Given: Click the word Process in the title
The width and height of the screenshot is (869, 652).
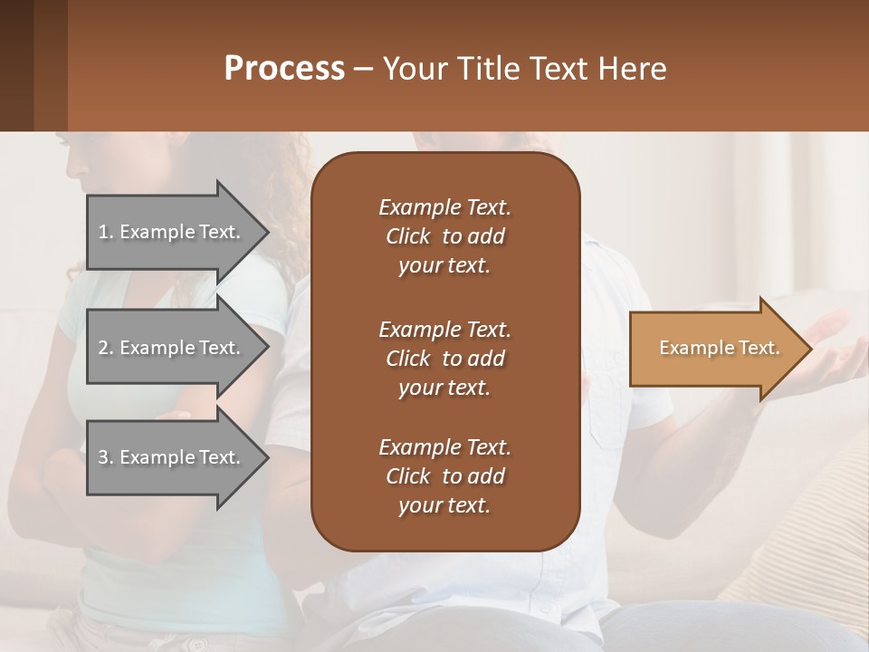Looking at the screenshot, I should coord(284,69).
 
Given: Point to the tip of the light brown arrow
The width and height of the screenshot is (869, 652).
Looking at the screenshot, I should coord(810,349).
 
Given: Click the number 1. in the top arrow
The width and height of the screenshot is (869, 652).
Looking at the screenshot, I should coord(106,232).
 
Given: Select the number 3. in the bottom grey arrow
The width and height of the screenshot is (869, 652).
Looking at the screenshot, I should coord(106,457).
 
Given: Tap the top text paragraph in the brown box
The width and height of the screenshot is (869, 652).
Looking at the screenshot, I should coord(444,236).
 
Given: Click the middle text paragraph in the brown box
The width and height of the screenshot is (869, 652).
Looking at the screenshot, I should coord(444,359).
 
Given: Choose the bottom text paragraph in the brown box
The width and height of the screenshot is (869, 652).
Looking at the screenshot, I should coord(444,476).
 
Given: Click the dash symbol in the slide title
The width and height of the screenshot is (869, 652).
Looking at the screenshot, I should coord(364,69).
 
